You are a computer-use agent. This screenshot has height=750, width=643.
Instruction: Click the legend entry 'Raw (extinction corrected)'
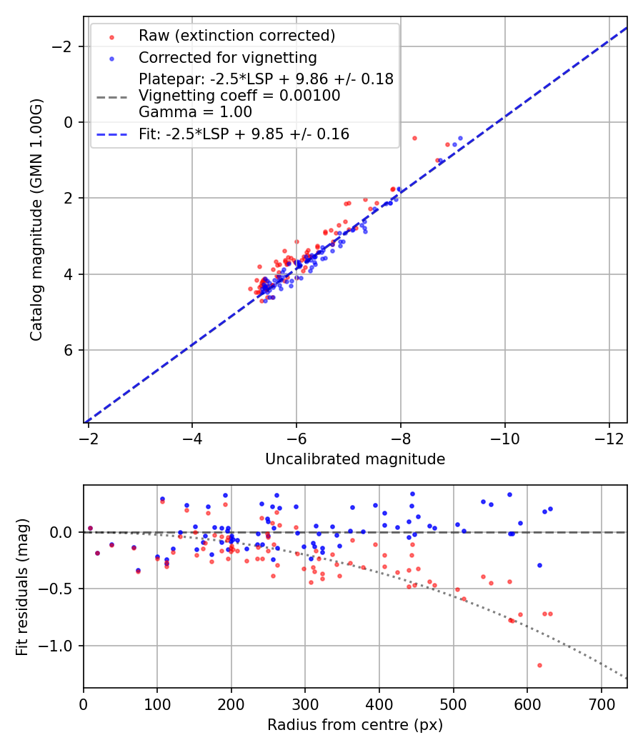[236, 36]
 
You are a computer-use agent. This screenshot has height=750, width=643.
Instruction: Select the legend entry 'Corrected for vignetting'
[228, 57]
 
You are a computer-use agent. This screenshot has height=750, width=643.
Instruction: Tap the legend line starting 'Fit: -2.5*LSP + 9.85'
[244, 134]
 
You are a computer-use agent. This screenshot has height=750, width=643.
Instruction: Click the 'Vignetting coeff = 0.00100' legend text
[239, 96]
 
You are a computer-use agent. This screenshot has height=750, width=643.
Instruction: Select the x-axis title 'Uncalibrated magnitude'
[355, 459]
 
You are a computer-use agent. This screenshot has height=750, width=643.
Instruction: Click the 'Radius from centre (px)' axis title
[355, 725]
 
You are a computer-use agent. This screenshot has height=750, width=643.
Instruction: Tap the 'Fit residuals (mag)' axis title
[21, 586]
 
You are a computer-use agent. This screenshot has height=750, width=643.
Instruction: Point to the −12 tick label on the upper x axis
[609, 437]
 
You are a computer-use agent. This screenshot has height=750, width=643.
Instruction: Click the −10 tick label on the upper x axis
[505, 437]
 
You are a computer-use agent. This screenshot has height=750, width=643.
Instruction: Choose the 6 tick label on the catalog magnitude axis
[69, 350]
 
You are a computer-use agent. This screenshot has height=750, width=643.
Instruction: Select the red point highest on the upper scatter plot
[414, 138]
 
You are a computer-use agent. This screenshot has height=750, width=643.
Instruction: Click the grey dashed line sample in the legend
[111, 96]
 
